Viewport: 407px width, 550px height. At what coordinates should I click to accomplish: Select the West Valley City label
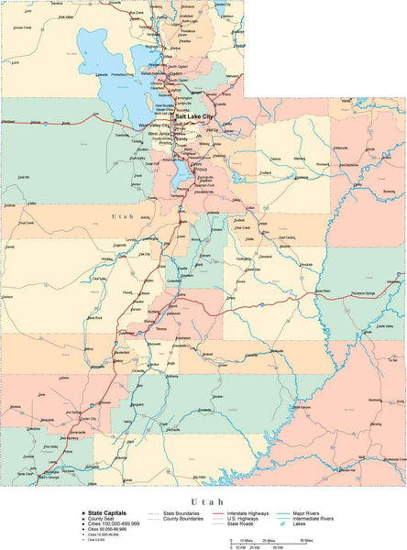[155, 124]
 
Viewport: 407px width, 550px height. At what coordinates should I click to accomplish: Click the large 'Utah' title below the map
[203, 501]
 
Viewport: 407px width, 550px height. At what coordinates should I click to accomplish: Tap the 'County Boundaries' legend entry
[183, 520]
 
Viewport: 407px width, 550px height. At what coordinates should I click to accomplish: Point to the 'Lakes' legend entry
[302, 525]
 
